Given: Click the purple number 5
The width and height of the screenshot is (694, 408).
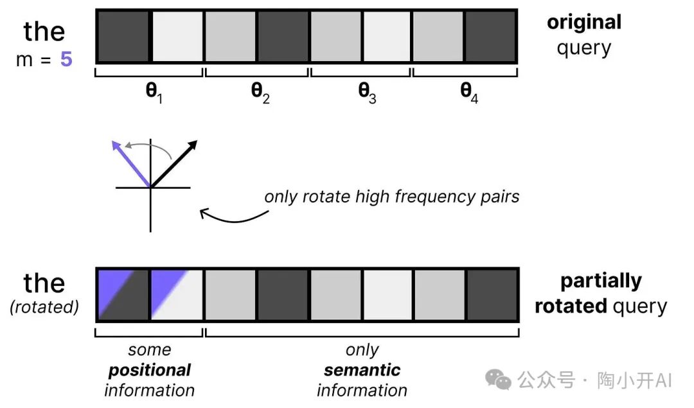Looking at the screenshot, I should (66, 60).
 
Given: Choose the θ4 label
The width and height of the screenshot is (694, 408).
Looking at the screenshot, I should (469, 92).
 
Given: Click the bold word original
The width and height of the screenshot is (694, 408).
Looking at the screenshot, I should (583, 22).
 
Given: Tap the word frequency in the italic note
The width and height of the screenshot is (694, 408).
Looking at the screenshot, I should (402, 196).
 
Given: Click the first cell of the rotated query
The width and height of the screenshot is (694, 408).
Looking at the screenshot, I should (123, 294).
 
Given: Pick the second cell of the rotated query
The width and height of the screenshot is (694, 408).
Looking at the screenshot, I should (177, 294).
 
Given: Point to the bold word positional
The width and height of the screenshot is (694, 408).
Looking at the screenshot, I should (150, 370).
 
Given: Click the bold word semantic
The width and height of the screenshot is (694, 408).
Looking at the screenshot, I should (362, 370).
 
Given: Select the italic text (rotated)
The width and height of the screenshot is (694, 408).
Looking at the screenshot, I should (44, 307).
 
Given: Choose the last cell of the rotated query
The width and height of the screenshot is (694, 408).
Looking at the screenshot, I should (492, 294).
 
